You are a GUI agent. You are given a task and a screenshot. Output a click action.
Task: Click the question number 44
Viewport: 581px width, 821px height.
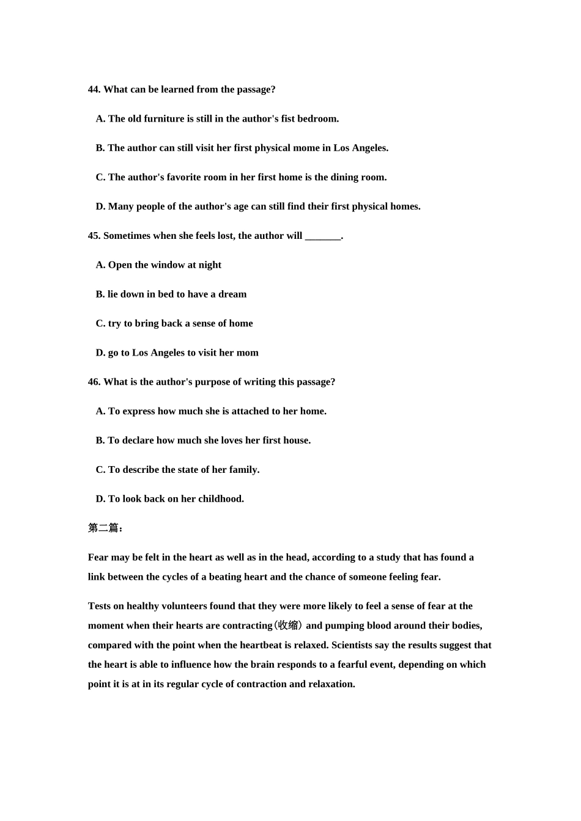click(94, 90)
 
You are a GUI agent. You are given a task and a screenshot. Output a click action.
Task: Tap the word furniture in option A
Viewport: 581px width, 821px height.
click(165, 119)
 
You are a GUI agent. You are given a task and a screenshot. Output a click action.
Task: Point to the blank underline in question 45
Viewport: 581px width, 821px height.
click(322, 236)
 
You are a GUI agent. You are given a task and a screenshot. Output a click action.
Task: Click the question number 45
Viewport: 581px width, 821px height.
click(94, 236)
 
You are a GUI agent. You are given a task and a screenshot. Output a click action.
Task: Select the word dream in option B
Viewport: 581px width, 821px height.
click(232, 294)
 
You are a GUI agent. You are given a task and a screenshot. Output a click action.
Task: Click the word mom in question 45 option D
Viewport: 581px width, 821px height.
click(248, 353)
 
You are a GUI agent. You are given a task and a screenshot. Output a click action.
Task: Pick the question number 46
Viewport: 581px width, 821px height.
click(94, 382)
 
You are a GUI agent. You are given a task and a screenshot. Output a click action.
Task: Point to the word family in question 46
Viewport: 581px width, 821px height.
click(244, 470)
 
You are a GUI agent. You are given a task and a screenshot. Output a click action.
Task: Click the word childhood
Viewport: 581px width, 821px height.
click(221, 499)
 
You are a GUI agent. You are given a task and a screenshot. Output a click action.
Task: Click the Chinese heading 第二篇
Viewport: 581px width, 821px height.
click(104, 528)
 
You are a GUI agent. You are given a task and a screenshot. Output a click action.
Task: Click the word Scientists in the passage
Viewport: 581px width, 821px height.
click(352, 646)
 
